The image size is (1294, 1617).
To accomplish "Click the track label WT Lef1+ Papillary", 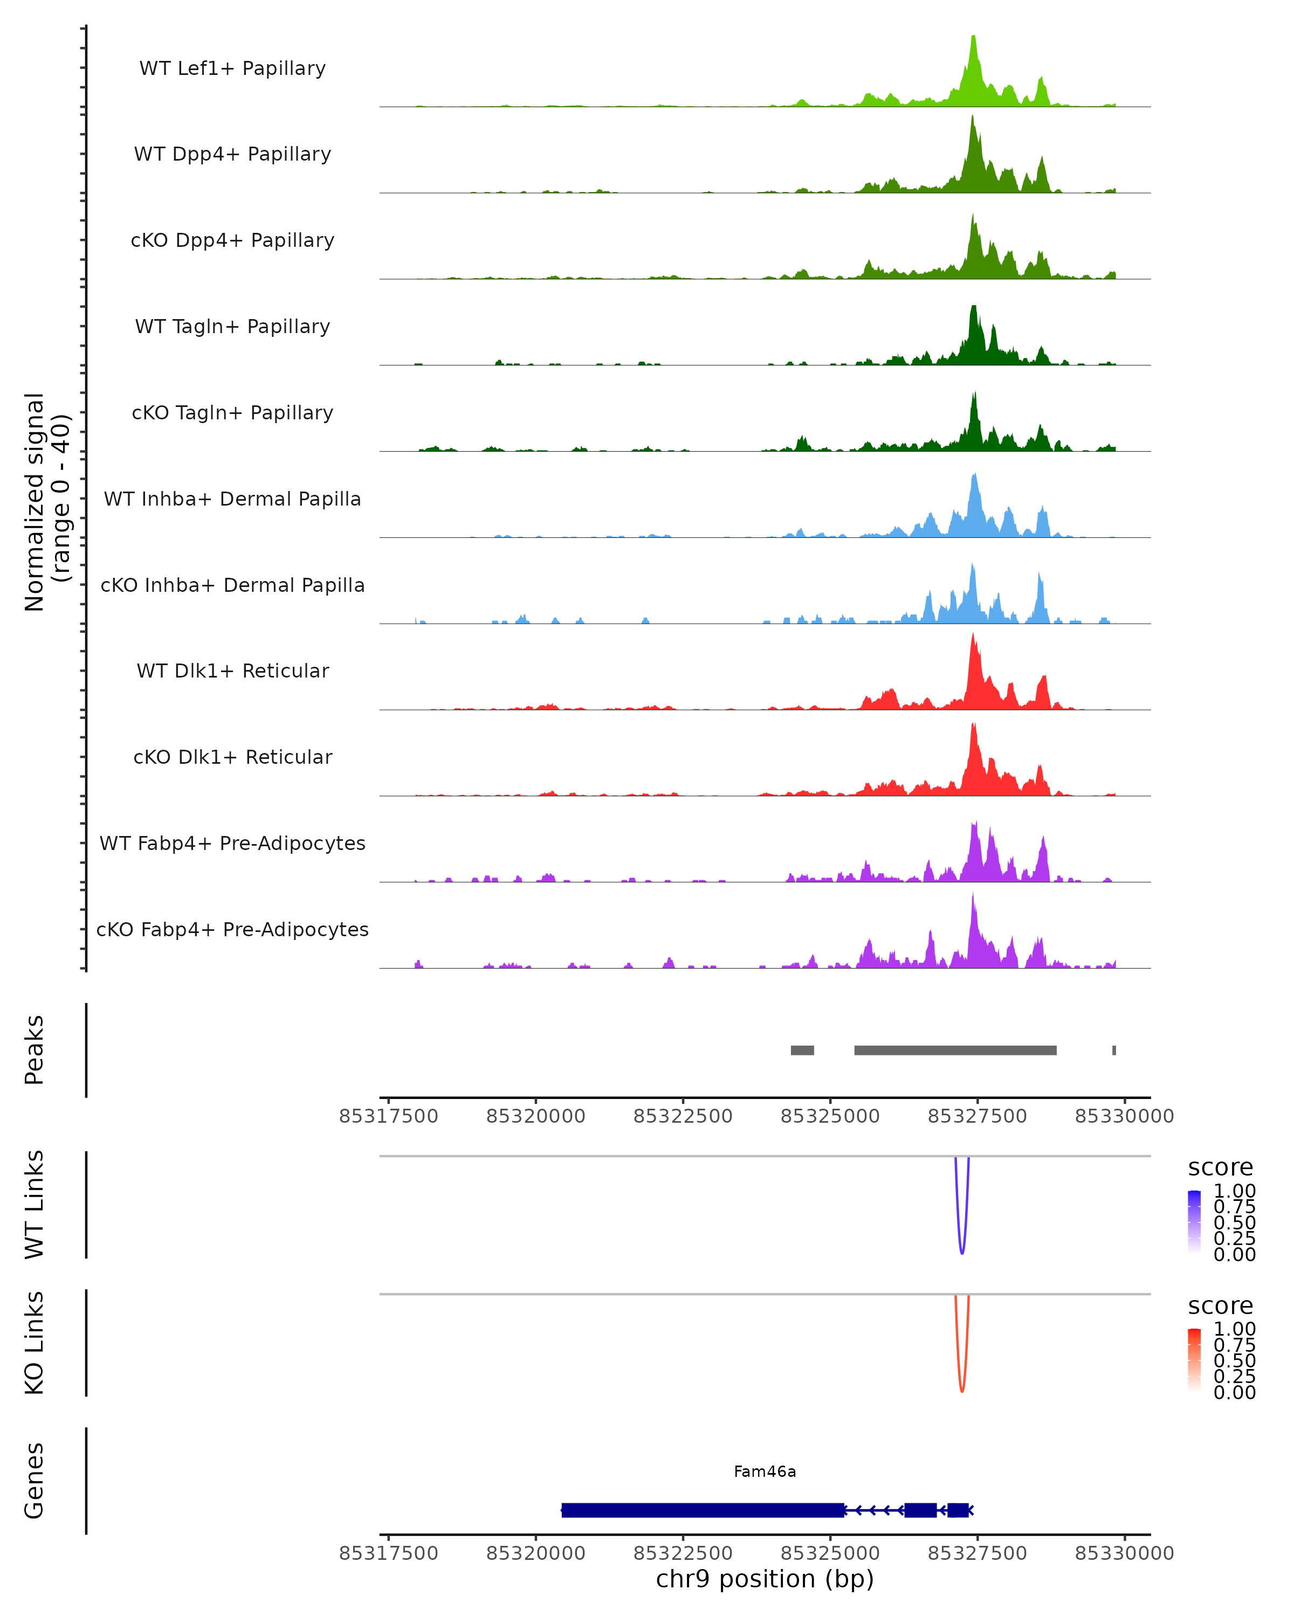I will [x=232, y=68].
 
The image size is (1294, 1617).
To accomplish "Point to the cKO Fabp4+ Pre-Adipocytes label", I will [x=232, y=929].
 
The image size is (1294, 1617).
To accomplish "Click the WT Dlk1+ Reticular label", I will [x=232, y=671].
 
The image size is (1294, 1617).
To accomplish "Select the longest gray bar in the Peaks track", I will [x=955, y=1050].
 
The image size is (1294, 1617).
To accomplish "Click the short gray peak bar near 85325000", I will [x=802, y=1050].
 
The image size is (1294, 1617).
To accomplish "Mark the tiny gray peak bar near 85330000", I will [x=1114, y=1050].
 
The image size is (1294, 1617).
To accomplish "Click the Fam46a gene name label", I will [x=765, y=1471].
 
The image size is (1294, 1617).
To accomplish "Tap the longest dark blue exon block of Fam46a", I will [x=703, y=1510].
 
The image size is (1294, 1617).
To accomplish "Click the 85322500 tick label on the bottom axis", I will [x=683, y=1553].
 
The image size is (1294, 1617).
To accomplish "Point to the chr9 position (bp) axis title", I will [x=765, y=1579].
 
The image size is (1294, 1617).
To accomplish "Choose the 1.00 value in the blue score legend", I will [x=1234, y=1191].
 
